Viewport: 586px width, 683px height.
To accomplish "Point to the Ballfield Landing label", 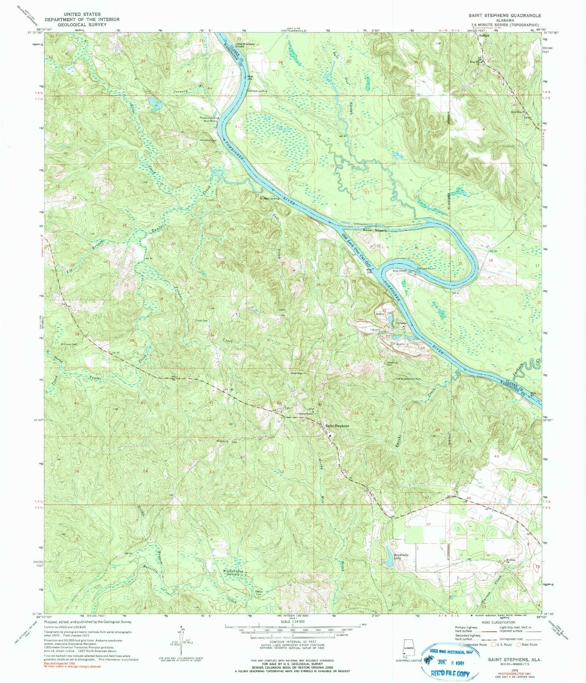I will pyautogui.click(x=257, y=91).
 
